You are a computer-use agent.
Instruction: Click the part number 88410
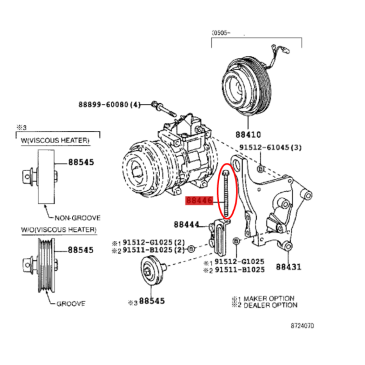click(x=248, y=134)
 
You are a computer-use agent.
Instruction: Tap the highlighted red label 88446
click(x=199, y=200)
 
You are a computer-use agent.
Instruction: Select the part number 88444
click(x=187, y=224)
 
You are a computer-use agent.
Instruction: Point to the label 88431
click(x=288, y=266)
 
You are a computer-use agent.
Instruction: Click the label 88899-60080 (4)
click(x=109, y=105)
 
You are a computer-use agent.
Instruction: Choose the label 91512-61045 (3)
click(x=271, y=147)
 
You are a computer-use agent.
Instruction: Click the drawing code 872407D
click(x=302, y=325)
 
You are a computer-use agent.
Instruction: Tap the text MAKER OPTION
click(x=269, y=299)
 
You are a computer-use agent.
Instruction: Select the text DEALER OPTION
click(x=271, y=305)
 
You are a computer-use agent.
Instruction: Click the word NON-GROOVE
click(x=77, y=218)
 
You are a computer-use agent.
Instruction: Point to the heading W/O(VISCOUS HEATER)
click(x=58, y=230)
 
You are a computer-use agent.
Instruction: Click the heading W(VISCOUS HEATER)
click(x=55, y=141)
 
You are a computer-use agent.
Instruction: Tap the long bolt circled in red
click(x=226, y=193)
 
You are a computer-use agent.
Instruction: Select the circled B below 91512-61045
click(x=261, y=169)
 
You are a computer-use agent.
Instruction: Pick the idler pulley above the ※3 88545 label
click(x=153, y=270)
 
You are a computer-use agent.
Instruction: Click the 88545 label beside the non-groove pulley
click(x=81, y=162)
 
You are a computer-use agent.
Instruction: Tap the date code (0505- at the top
click(x=221, y=33)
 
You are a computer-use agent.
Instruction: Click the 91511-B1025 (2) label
click(x=154, y=250)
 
